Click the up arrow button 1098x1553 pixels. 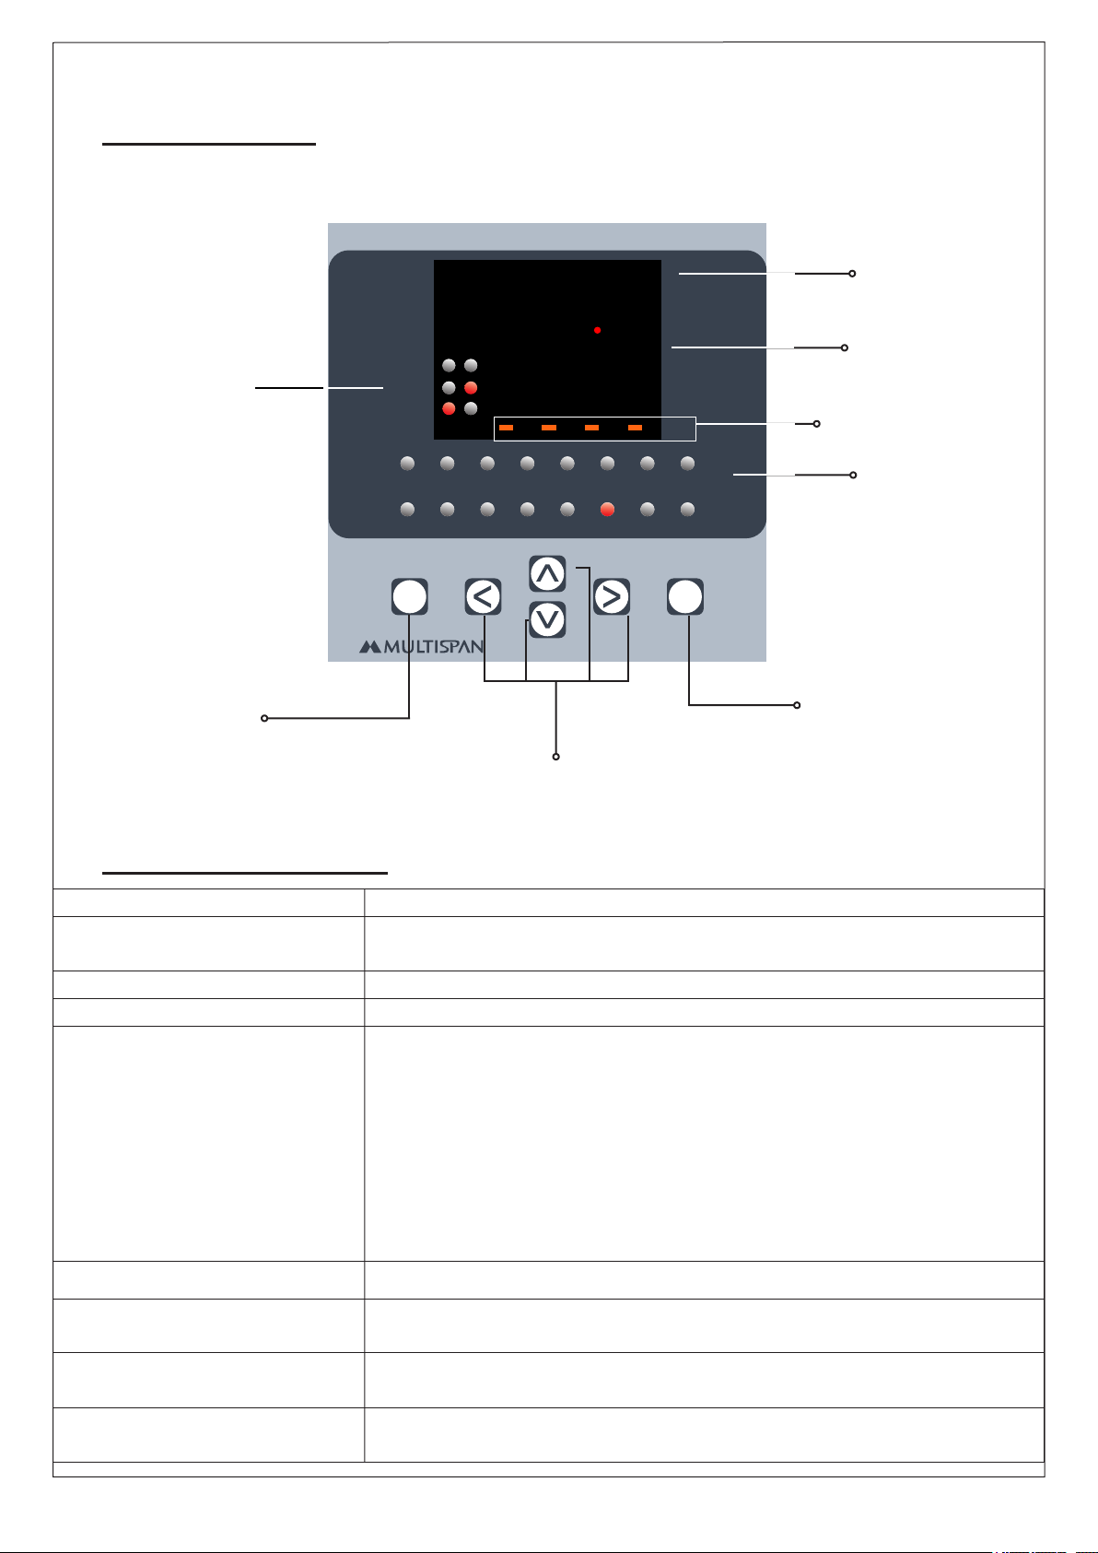tap(547, 573)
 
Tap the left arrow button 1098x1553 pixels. tap(483, 596)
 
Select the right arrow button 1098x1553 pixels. tap(612, 596)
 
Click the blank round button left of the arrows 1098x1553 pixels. tap(409, 596)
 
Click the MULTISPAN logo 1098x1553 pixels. tap(421, 647)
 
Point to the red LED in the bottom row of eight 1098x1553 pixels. tap(608, 510)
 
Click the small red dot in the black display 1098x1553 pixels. tap(597, 330)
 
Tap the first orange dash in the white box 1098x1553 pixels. tap(506, 428)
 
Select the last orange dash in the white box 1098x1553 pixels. tap(635, 428)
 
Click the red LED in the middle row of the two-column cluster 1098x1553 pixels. tap(471, 387)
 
